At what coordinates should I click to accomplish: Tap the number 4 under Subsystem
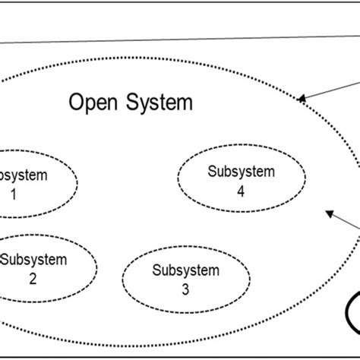[240, 192]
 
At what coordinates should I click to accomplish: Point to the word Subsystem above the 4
[241, 172]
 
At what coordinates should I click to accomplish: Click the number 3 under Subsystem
[185, 289]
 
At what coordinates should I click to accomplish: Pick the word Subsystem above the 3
[185, 270]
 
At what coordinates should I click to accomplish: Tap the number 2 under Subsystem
[33, 278]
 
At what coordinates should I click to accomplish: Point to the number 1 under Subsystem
[13, 194]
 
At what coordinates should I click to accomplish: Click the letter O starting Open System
[76, 102]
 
